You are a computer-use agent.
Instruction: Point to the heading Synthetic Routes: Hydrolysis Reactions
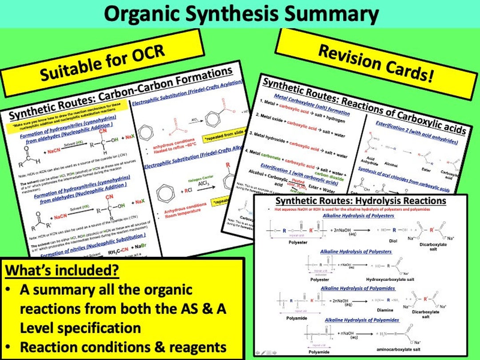[360, 201]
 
